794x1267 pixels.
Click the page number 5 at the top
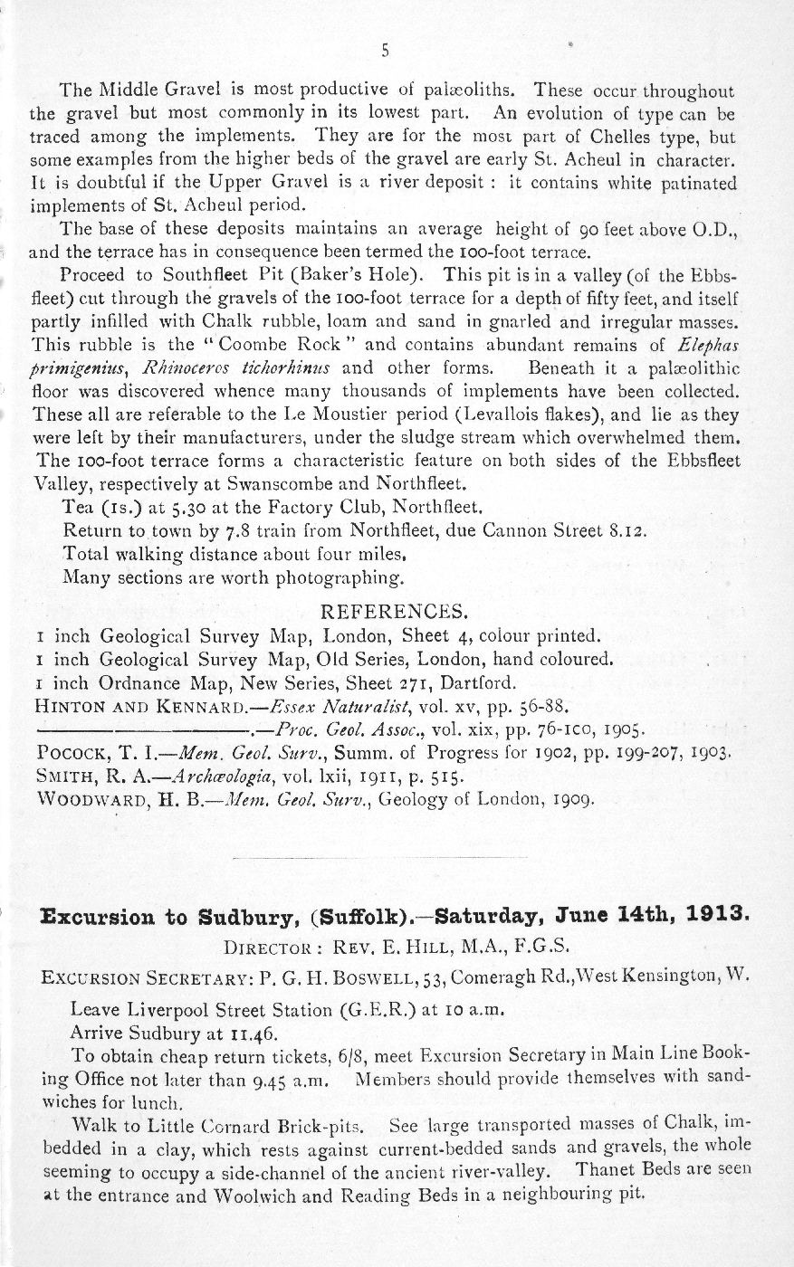tap(385, 52)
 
